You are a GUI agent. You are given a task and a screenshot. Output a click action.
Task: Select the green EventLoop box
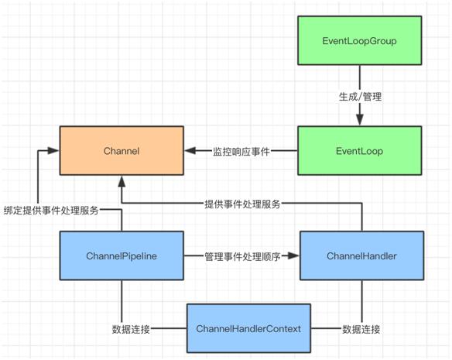pos(360,152)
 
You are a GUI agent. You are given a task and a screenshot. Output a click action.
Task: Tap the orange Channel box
pos(122,152)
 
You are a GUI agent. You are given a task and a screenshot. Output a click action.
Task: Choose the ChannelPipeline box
pos(122,255)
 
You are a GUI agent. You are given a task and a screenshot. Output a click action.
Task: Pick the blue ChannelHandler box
pos(361,255)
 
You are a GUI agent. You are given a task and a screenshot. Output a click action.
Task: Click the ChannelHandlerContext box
pos(248,329)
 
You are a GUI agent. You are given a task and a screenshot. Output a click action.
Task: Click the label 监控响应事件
pos(241,152)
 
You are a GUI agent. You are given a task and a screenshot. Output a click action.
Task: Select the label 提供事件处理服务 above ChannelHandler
pos(242,204)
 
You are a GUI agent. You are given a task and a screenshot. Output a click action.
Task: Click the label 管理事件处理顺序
pos(241,255)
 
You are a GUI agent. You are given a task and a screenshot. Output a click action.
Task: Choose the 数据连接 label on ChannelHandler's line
pos(361,329)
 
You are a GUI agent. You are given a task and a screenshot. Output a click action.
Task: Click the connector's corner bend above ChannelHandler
pos(361,204)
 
